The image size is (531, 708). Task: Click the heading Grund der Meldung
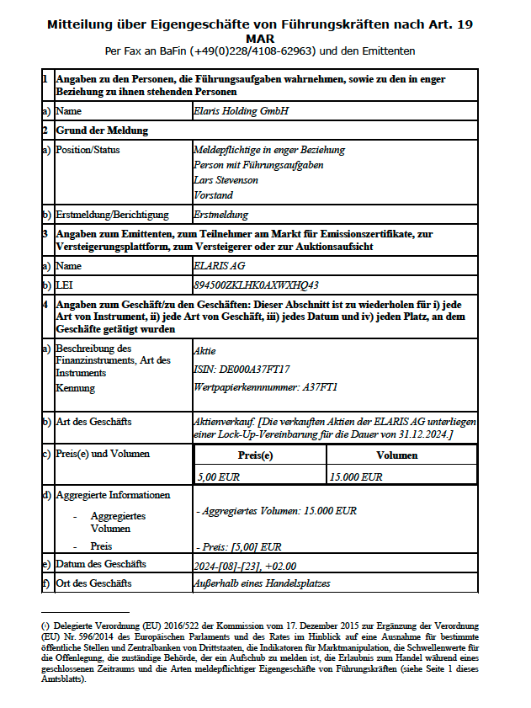coord(102,130)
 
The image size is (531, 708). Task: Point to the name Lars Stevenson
coord(226,180)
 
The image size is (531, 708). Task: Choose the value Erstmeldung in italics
coord(220,215)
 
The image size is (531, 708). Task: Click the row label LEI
coord(64,285)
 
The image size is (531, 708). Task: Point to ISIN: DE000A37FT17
coord(242,369)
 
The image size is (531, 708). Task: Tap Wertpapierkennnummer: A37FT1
coord(265,387)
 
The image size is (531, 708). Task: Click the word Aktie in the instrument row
coord(204,349)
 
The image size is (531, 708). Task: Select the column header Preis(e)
coord(260,455)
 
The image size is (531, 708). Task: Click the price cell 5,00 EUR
coord(218,476)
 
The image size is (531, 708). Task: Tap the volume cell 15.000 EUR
coord(356,476)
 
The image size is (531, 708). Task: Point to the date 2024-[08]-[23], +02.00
coord(246,563)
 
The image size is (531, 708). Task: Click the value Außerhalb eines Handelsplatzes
coord(262,583)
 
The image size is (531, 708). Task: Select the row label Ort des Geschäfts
coord(93,583)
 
